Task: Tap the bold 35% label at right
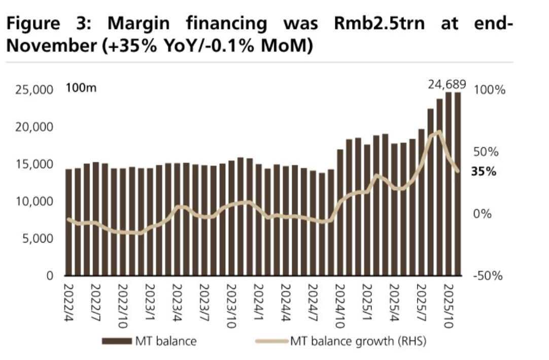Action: (484, 172)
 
